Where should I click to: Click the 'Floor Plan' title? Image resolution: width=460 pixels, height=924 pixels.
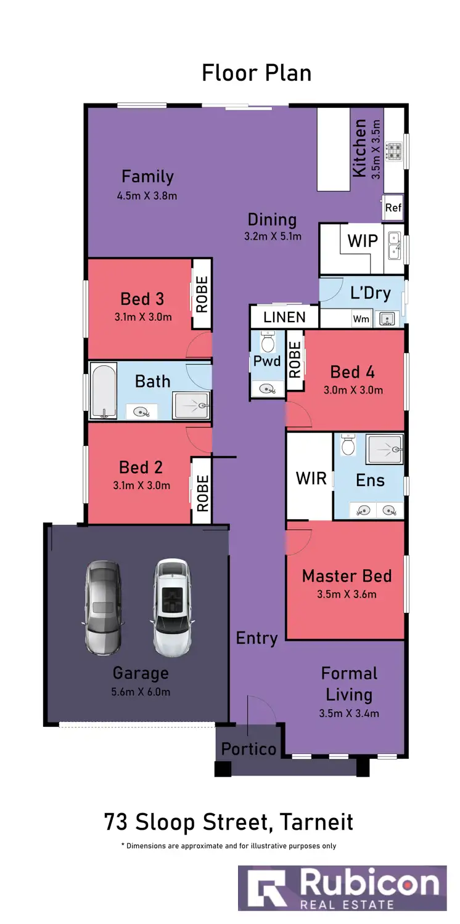point(257,73)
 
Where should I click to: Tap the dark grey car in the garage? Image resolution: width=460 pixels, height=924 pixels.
point(101,608)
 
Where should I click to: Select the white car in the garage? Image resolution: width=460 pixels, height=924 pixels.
point(170,608)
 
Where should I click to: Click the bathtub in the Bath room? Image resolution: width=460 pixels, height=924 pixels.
point(104,391)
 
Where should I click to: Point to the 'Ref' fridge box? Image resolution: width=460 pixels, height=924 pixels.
point(393,208)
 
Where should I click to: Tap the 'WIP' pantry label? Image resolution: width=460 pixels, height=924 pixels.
point(363,241)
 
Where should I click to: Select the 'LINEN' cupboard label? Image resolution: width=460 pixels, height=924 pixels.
point(284,317)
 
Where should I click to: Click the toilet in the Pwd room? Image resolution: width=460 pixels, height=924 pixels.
point(268,342)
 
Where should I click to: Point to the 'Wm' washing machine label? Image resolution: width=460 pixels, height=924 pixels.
point(361,319)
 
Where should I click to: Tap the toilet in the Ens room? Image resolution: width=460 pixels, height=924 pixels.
point(348,444)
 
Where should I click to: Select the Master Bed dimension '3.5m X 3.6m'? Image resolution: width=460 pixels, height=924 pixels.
point(347,594)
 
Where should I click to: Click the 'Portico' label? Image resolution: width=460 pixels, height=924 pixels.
point(248,749)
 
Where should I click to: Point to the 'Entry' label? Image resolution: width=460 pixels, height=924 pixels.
point(257,638)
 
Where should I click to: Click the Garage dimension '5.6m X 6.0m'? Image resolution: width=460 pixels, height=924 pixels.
point(141,692)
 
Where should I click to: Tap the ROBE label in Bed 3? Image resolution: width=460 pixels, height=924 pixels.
point(202,293)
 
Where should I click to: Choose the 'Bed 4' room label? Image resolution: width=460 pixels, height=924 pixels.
point(352,372)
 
